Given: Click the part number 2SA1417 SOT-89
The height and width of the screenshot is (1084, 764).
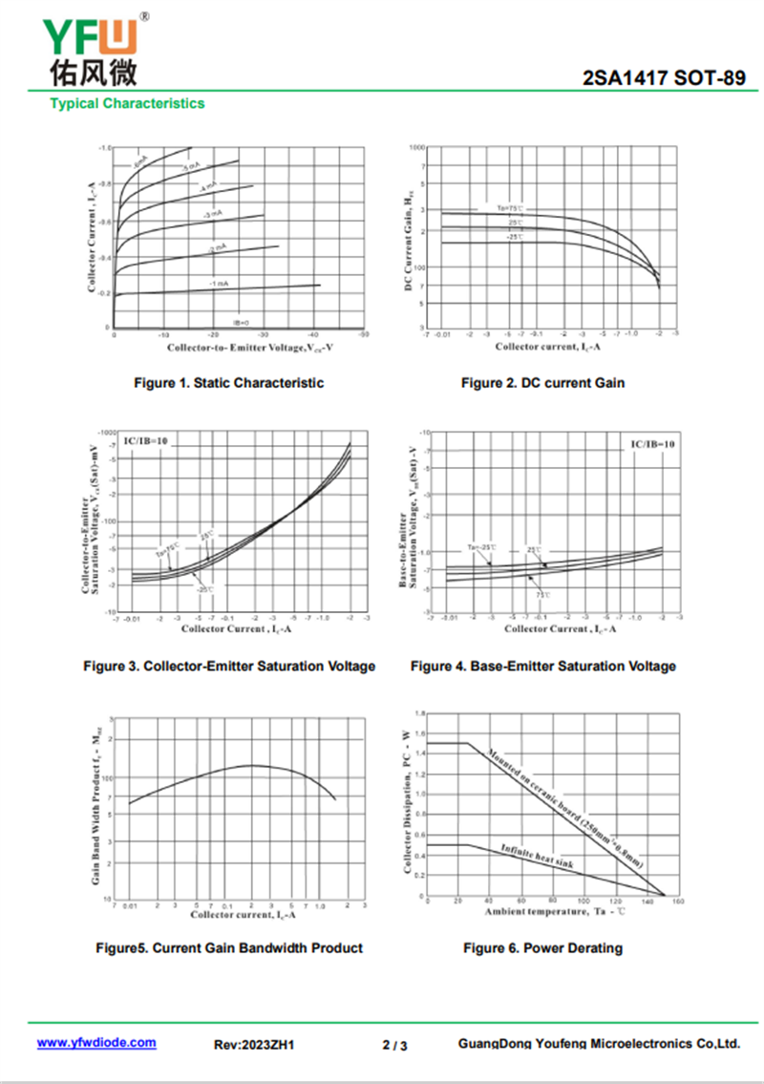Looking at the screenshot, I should (664, 79).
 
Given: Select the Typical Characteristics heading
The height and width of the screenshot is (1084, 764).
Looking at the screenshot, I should (127, 103).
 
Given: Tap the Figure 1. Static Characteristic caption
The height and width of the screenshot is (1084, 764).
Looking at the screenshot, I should (228, 383).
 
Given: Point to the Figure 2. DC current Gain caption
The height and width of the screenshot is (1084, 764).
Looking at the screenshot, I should (542, 383).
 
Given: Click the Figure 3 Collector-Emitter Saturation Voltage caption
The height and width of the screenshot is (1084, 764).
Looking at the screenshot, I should (229, 666).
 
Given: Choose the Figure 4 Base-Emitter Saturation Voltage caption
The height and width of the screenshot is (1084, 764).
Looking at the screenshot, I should (542, 666).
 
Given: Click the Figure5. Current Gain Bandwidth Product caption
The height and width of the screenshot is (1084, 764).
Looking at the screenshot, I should (229, 948).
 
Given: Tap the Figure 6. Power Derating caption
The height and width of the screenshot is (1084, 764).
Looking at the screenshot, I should (542, 948).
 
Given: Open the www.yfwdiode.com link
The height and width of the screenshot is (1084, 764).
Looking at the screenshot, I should (96, 1043).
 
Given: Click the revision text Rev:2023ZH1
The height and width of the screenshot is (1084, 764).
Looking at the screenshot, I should (253, 1045).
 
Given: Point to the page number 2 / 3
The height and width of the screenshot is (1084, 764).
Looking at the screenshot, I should (394, 1045).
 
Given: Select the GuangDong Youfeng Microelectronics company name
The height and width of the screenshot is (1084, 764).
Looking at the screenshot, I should (599, 1044).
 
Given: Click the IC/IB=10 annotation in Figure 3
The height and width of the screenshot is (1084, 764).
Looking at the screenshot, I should (146, 441).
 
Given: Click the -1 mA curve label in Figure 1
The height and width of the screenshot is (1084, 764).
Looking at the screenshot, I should (219, 283).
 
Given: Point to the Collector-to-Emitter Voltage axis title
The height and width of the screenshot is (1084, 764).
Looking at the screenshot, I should (239, 347).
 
